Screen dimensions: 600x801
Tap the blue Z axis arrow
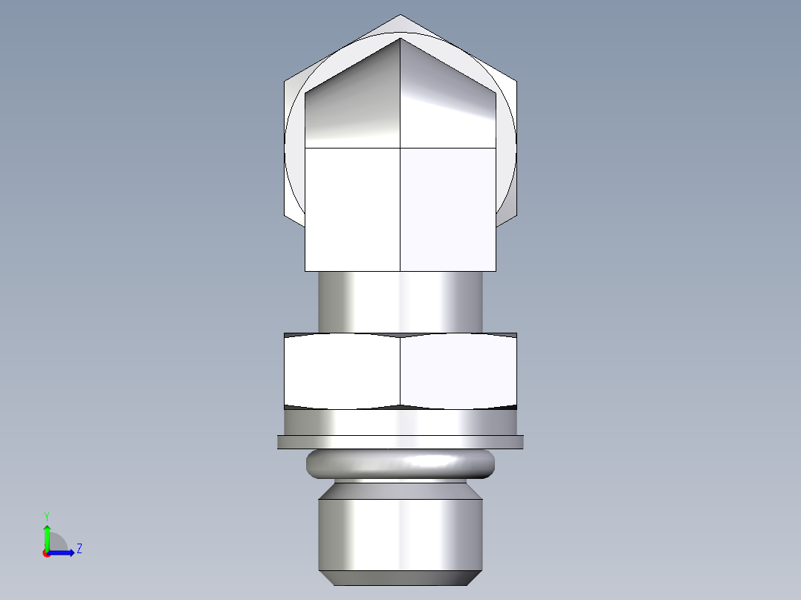(x=62, y=552)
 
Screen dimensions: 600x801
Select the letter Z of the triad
(x=79, y=549)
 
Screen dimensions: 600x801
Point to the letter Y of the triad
(x=46, y=515)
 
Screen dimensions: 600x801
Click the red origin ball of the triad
(x=46, y=553)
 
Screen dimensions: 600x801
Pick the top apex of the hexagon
(x=400, y=16)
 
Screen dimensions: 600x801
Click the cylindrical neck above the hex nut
(x=400, y=301)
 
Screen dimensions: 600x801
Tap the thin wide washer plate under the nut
(x=400, y=442)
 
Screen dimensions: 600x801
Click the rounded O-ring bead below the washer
(x=400, y=464)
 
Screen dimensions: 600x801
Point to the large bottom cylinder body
(x=400, y=535)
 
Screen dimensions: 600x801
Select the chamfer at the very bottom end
(x=400, y=578)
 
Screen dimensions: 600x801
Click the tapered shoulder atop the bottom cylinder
(x=400, y=491)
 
